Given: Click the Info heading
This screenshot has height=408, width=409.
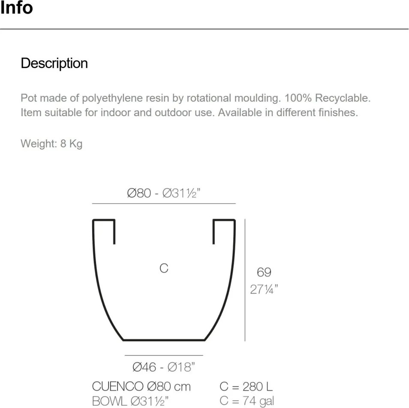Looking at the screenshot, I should pyautogui.click(x=16, y=8).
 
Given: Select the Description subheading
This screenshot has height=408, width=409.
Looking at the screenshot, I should pyautogui.click(x=54, y=63).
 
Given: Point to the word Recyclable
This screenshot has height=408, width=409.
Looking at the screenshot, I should pyautogui.click(x=343, y=98).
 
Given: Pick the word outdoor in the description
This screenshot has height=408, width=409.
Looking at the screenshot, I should pyautogui.click(x=171, y=113).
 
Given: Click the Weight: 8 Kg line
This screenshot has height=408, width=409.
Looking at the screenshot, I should pyautogui.click(x=51, y=144).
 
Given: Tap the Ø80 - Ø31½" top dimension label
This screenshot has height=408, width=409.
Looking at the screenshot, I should pyautogui.click(x=164, y=193).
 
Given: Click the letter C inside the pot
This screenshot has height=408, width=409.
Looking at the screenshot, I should pyautogui.click(x=164, y=268).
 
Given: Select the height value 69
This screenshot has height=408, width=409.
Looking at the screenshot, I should pyautogui.click(x=264, y=272).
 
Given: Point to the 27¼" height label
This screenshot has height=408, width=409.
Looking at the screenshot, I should pyautogui.click(x=264, y=289).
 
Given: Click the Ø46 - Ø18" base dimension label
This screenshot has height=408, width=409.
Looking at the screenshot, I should pyautogui.click(x=164, y=367).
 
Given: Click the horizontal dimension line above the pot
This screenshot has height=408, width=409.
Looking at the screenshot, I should pyautogui.click(x=164, y=203).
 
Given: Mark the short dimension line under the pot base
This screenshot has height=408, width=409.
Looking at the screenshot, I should pyautogui.click(x=164, y=355).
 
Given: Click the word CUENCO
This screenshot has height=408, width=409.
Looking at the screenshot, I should pyautogui.click(x=117, y=387).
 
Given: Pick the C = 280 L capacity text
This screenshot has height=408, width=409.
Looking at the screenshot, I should pyautogui.click(x=246, y=387).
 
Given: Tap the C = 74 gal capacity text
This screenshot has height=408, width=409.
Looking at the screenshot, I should pyautogui.click(x=247, y=402).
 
